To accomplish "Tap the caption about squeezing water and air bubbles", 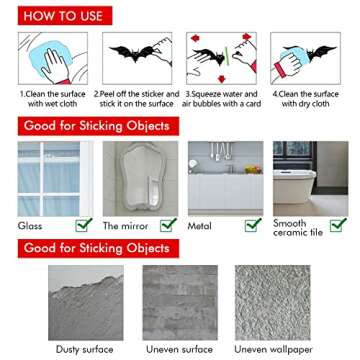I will click(x=224, y=100).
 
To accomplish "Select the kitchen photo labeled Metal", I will click(x=226, y=177).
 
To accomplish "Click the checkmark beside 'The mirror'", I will click(x=171, y=225).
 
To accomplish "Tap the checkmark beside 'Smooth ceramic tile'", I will click(x=338, y=225).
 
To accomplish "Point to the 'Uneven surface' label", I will click(x=180, y=348).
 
